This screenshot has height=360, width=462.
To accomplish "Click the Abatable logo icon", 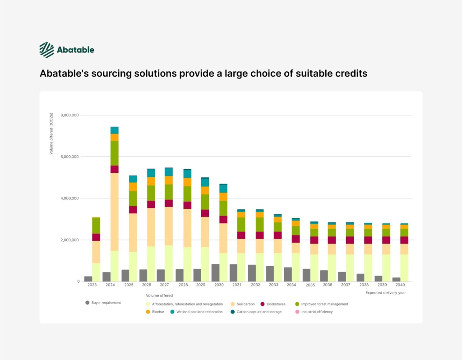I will coord(46,50).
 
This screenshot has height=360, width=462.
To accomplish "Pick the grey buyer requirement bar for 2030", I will coord(215,272).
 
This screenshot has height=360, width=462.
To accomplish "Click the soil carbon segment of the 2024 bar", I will coord(115,212).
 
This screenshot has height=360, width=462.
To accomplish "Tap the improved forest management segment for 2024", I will coord(115,153).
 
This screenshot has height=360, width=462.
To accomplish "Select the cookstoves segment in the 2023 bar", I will coord(96,237).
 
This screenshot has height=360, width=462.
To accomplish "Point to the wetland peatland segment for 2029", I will coord(205,182).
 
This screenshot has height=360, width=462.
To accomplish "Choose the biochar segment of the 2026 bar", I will coord(151,181).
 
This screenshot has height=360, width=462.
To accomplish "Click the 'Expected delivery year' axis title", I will coord(385,293).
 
